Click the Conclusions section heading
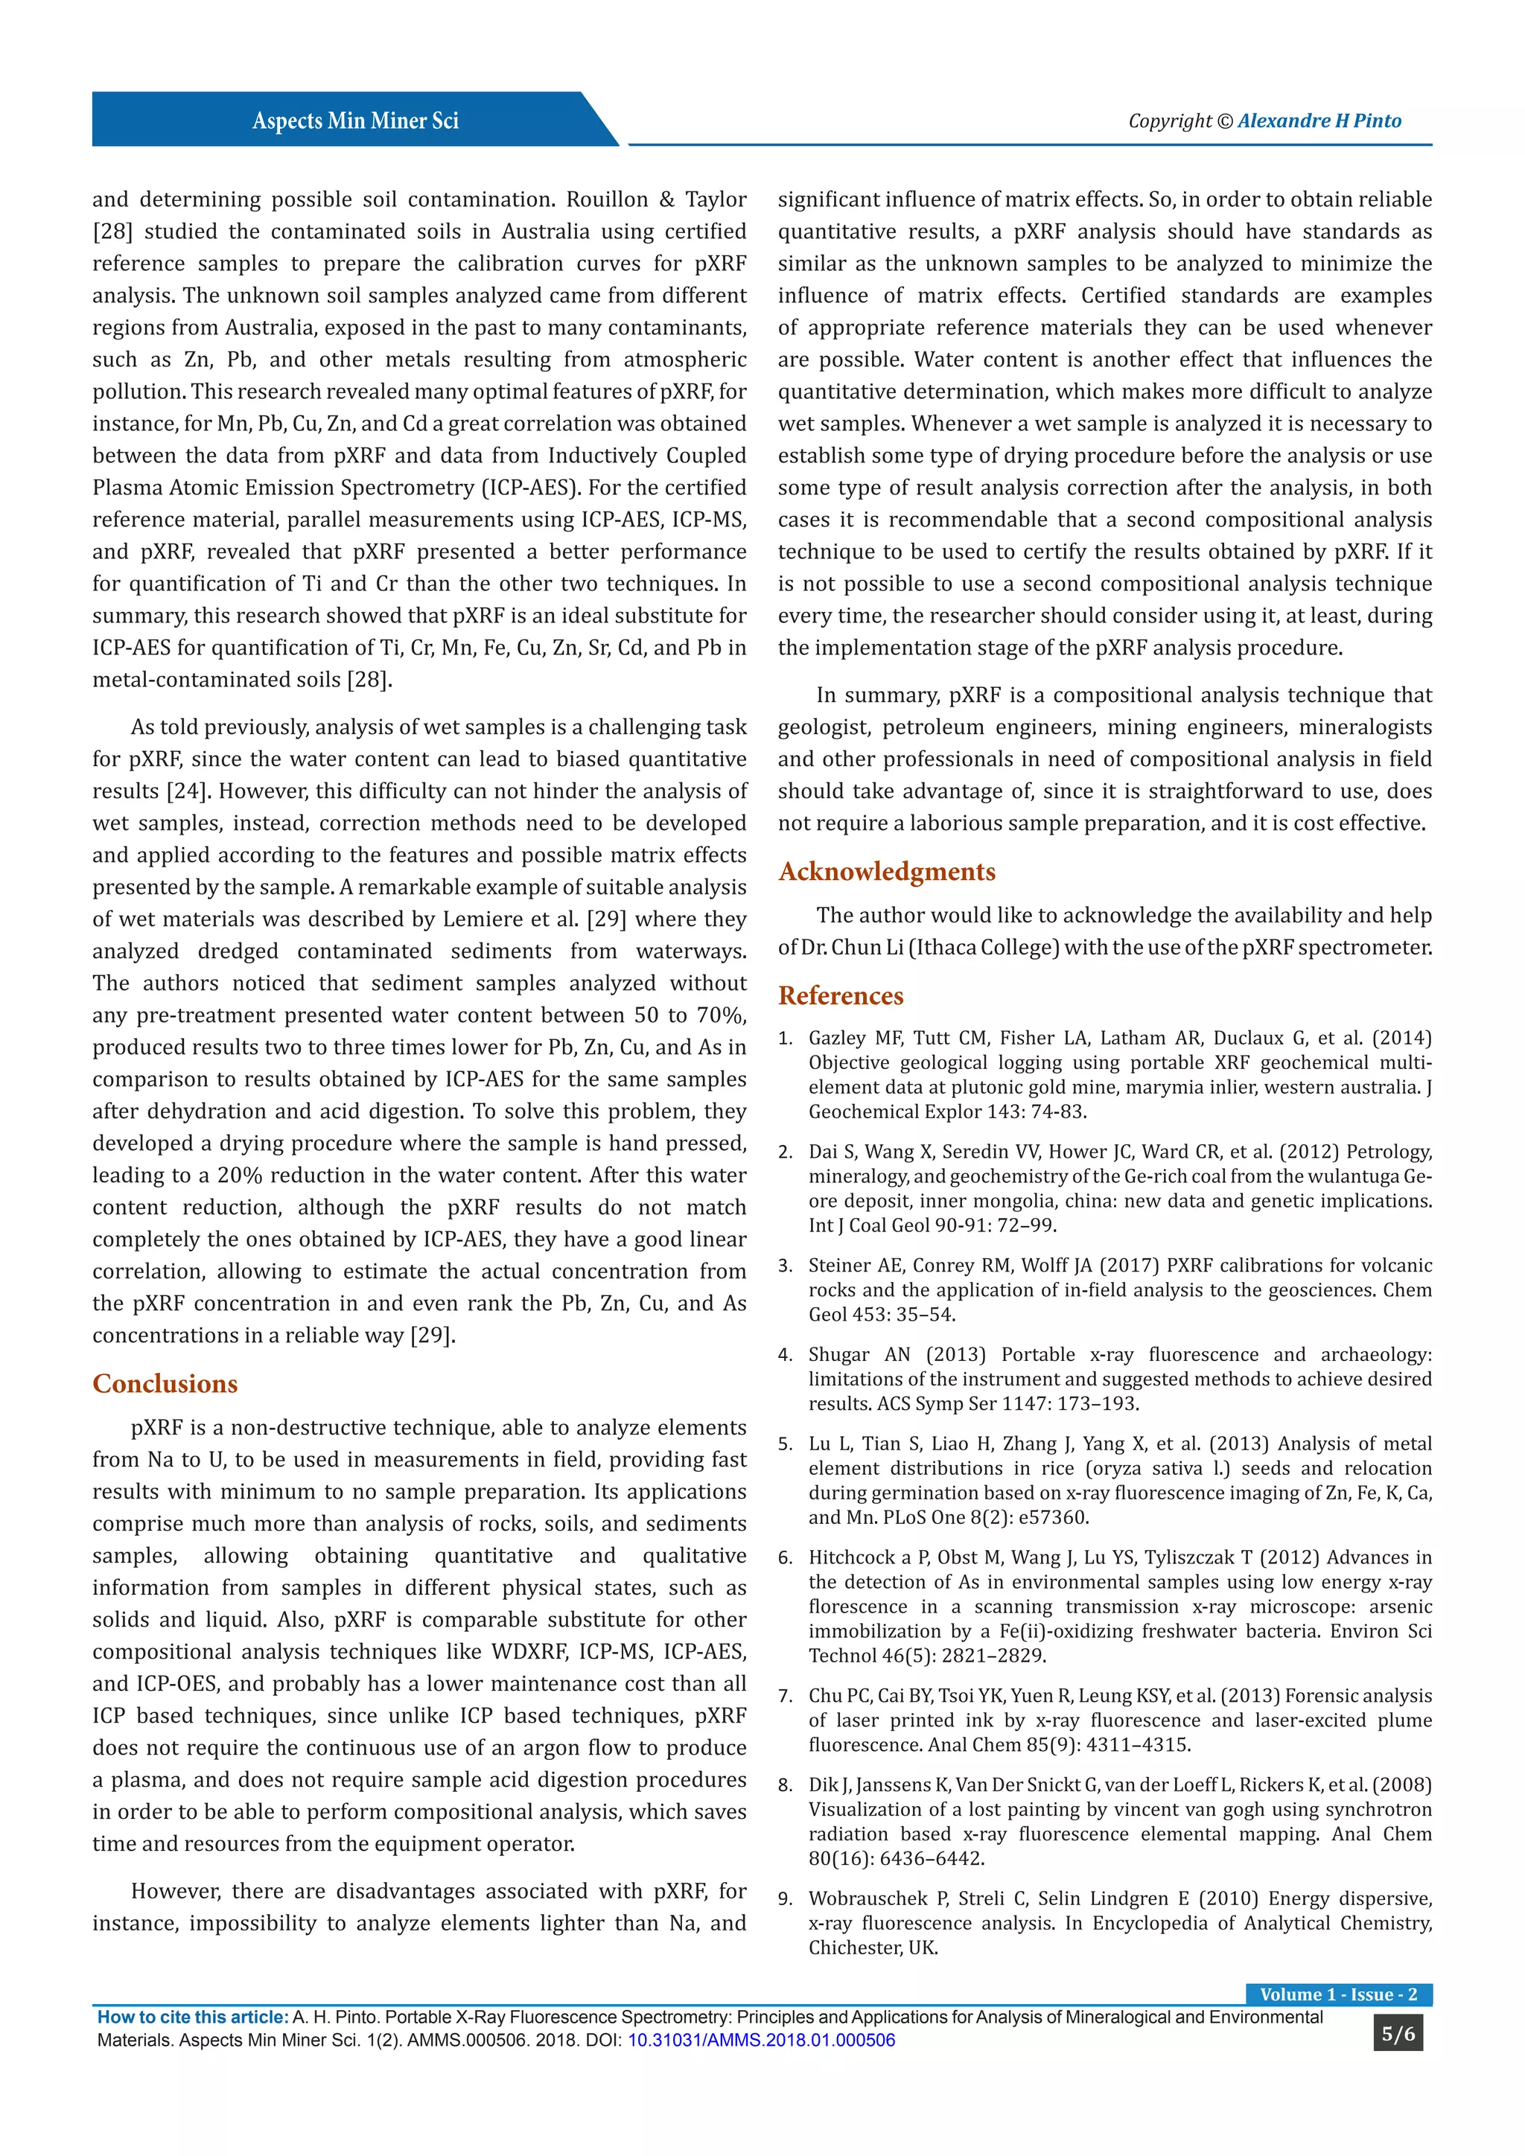tap(165, 1383)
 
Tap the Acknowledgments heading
tap(886, 872)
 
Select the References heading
tap(841, 995)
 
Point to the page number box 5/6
tap(1397, 2034)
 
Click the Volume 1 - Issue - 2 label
tap(1338, 1994)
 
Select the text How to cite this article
tap(193, 2017)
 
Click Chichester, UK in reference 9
tap(873, 1948)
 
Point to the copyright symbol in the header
tap(1223, 121)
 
